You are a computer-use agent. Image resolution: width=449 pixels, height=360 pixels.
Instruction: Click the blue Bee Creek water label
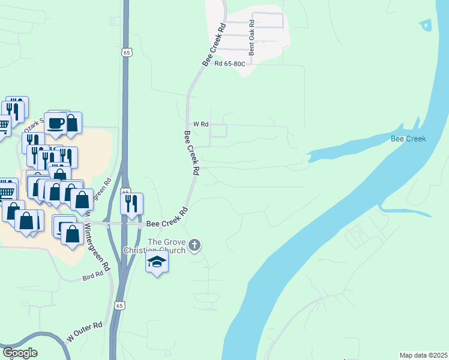tap(408, 139)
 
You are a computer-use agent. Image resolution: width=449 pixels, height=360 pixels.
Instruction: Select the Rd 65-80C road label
tap(230, 62)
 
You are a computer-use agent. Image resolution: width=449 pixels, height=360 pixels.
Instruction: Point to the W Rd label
tap(200, 124)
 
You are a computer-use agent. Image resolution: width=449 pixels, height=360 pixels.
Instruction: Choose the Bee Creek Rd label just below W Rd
tap(191, 152)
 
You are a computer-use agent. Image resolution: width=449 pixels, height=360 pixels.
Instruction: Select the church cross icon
tap(194, 244)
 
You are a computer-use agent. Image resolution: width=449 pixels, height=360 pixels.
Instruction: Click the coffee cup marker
tap(56, 124)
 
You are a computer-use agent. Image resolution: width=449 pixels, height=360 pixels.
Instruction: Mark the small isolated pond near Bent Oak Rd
tap(426, 25)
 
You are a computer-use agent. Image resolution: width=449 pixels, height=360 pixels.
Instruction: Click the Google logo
tap(19, 353)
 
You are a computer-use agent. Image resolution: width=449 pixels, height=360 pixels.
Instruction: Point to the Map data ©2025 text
tap(423, 355)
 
